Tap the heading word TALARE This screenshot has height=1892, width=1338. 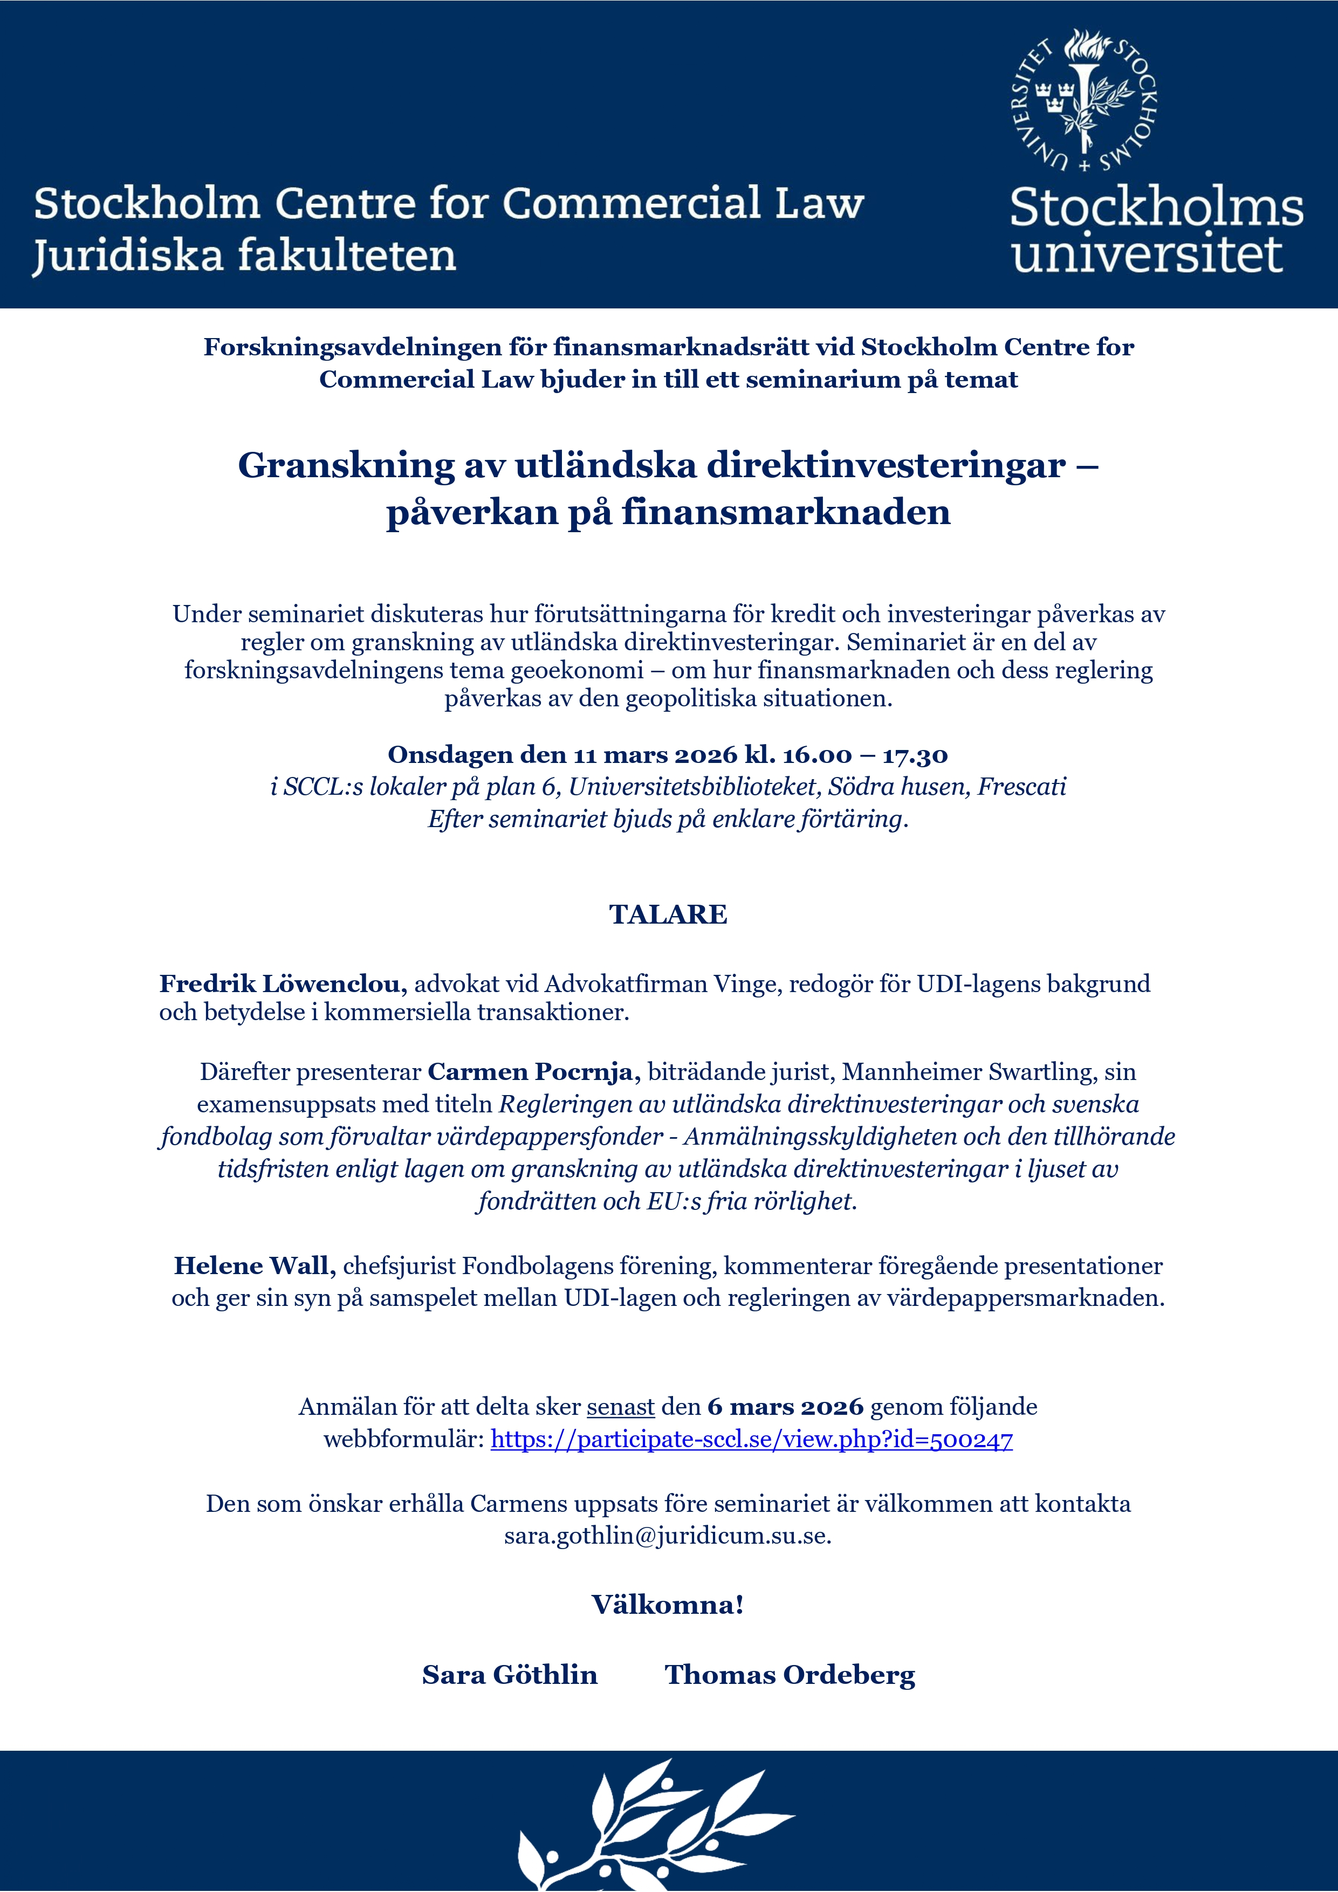(668, 914)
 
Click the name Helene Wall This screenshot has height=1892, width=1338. (254, 1265)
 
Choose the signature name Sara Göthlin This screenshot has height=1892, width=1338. (510, 1675)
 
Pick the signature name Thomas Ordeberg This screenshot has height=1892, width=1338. (790, 1675)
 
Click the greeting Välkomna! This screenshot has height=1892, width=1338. (668, 1605)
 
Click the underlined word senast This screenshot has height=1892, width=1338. (621, 1407)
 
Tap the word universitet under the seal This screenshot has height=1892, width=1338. (1147, 254)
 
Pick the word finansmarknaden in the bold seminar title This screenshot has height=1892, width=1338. (786, 513)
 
